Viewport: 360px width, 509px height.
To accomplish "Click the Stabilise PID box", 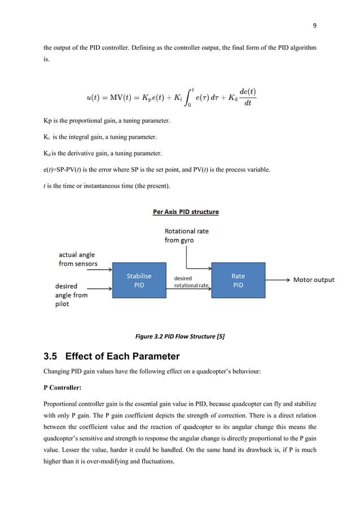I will (x=138, y=280).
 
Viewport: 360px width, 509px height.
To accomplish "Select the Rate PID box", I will (x=238, y=280).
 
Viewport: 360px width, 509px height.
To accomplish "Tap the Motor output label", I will (x=314, y=279).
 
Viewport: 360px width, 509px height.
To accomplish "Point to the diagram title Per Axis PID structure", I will (x=186, y=212).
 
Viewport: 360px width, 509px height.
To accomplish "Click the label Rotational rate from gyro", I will (x=187, y=236).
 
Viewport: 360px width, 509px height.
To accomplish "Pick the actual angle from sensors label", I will (x=78, y=260).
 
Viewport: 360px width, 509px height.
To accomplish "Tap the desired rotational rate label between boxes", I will (x=191, y=282).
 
